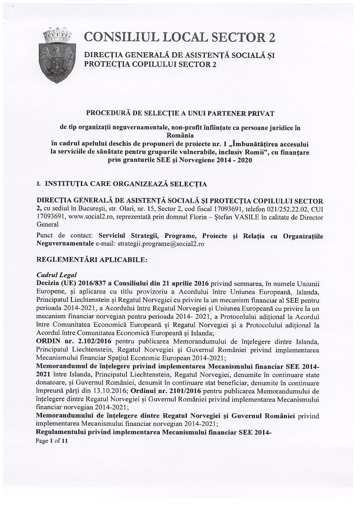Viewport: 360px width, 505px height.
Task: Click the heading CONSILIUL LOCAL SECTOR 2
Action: pos(180,38)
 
